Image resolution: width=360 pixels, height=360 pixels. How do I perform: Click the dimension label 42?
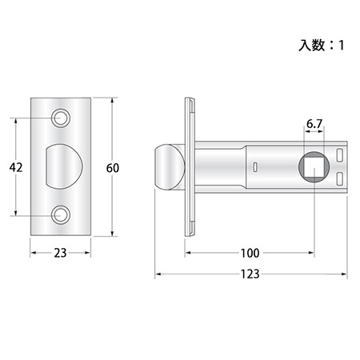(16, 167)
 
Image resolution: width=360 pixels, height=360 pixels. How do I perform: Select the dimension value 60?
(113, 168)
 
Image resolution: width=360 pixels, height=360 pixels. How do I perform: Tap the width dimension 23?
(60, 253)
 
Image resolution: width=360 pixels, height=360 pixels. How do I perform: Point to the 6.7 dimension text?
(314, 124)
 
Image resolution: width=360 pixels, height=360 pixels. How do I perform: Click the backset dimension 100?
(250, 253)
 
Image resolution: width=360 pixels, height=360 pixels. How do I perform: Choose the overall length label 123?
(250, 274)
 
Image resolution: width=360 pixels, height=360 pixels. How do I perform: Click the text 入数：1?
(322, 46)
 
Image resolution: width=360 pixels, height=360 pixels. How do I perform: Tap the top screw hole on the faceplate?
(61, 118)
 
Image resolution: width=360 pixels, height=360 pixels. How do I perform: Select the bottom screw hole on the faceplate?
(61, 215)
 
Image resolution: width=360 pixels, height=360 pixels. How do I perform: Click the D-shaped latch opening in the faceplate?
(64, 166)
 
